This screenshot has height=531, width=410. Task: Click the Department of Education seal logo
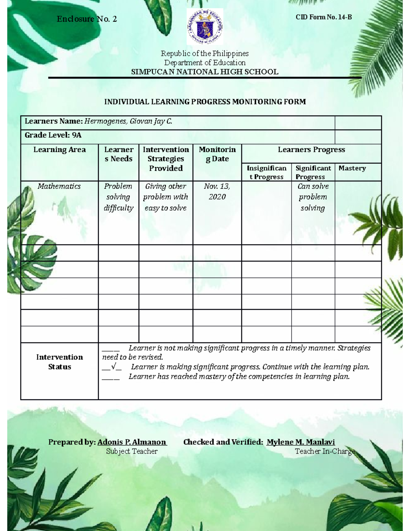tap(205, 27)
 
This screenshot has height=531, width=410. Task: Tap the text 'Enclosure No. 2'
tap(87, 19)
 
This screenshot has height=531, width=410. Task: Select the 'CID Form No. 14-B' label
tap(324, 17)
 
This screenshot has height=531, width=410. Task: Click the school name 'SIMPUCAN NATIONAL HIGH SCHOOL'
tap(205, 72)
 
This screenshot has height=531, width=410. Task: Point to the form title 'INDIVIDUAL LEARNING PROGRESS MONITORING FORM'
tap(205, 102)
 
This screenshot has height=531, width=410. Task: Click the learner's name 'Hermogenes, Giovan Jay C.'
tap(128, 121)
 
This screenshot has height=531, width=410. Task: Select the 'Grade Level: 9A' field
tap(53, 135)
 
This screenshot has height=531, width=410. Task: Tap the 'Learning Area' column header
tap(59, 150)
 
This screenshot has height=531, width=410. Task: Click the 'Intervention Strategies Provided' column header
tap(166, 159)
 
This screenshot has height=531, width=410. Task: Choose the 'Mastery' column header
tap(352, 168)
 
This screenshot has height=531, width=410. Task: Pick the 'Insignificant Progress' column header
tap(266, 172)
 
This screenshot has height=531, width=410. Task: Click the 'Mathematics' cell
tap(59, 186)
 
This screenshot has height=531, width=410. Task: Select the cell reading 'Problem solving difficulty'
tap(118, 197)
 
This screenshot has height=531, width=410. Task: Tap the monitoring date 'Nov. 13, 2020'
tap(217, 191)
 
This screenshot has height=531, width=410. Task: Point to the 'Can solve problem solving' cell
tap(313, 197)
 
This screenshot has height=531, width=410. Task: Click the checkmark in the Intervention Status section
tap(113, 367)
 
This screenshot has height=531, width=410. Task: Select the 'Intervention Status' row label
tap(59, 362)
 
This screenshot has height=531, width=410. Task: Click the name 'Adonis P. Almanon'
tap(132, 442)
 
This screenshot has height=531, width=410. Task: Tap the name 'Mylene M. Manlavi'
tap(301, 442)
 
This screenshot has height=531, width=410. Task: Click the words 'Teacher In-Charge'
tap(325, 451)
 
